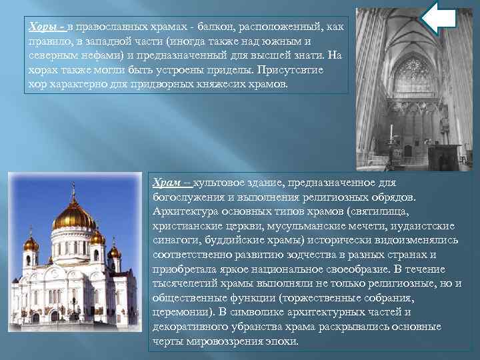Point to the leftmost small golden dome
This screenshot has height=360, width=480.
click(31, 244)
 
